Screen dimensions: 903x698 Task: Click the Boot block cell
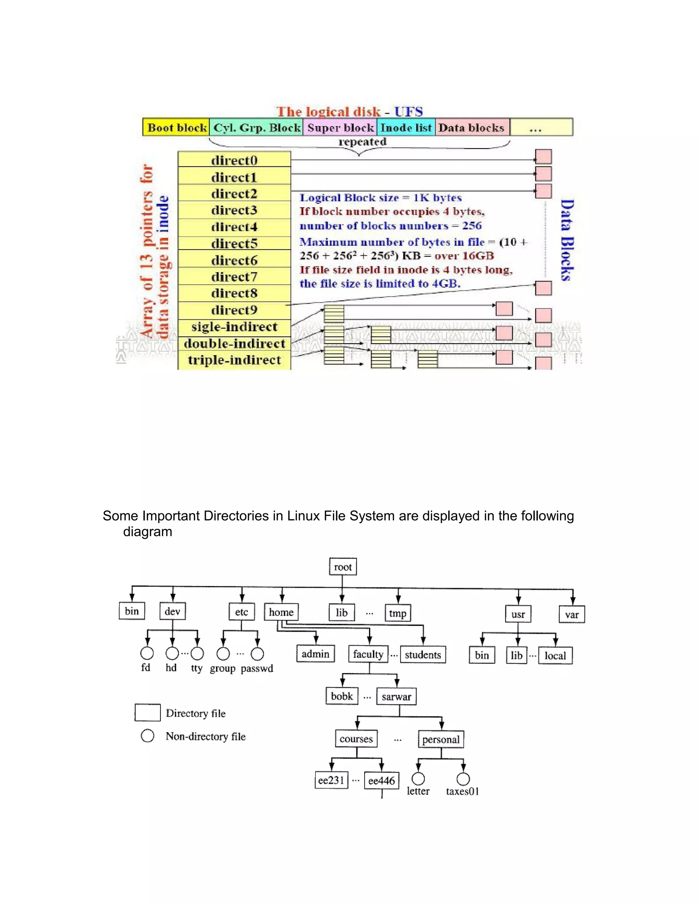176,127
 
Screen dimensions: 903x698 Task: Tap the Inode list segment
406,127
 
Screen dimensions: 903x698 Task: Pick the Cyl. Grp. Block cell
256,127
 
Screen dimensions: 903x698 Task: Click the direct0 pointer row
234,159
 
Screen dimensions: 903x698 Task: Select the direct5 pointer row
234,243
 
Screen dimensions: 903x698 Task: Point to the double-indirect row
234,343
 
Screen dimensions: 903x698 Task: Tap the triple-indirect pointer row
234,360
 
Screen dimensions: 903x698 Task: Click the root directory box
343,566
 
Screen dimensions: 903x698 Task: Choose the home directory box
281,612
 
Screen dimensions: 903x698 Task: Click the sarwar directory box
396,696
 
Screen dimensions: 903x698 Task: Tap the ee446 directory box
381,781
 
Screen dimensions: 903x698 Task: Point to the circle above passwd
257,654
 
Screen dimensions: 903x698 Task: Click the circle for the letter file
418,779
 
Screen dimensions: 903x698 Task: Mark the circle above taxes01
463,779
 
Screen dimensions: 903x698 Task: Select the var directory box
572,614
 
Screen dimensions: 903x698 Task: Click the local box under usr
555,655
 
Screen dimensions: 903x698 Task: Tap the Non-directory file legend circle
148,736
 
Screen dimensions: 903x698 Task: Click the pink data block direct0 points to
543,157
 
